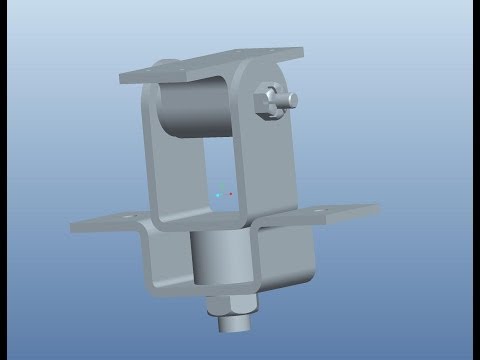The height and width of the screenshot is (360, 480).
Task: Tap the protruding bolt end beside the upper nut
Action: [291, 99]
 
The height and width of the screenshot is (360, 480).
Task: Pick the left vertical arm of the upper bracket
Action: [152, 150]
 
